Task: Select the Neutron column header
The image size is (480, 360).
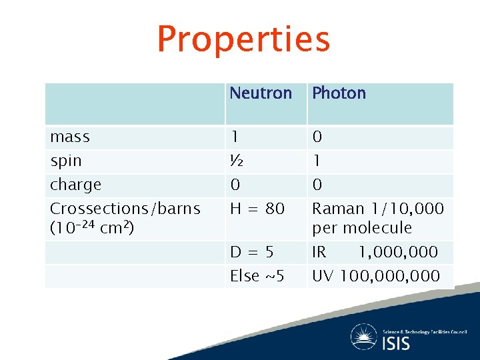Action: [261, 93]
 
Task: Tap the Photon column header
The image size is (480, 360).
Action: [339, 93]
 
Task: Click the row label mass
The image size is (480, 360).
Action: [70, 137]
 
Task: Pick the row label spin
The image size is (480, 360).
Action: [66, 161]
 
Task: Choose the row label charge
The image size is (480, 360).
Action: [75, 185]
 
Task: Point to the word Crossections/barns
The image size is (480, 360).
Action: [125, 209]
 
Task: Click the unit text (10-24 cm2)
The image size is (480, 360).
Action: [92, 228]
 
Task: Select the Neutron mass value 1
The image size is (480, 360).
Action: [235, 137]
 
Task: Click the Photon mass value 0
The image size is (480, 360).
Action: [317, 137]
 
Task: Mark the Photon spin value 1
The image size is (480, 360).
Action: [317, 161]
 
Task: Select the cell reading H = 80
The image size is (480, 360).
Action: [257, 209]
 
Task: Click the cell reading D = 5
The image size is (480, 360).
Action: [251, 252]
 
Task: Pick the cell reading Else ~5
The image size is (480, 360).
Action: [257, 275]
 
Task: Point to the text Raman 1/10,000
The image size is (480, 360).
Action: [377, 209]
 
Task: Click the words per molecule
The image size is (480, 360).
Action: [361, 228]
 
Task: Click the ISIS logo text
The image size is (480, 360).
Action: [396, 343]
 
